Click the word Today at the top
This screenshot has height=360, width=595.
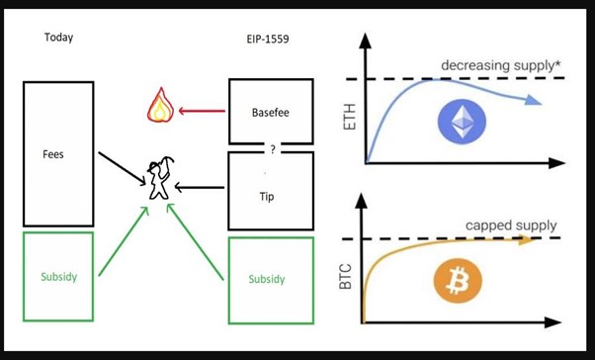(x=58, y=38)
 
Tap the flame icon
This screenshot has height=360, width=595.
(x=159, y=104)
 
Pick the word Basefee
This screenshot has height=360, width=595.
(x=271, y=112)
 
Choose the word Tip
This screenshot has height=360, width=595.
(x=266, y=197)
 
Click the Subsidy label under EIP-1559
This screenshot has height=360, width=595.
(x=267, y=279)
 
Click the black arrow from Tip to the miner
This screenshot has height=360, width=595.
(x=203, y=187)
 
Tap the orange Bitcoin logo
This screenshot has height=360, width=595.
(x=459, y=284)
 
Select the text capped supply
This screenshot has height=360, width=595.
(x=511, y=226)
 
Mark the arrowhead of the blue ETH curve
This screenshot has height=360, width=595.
(x=535, y=100)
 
